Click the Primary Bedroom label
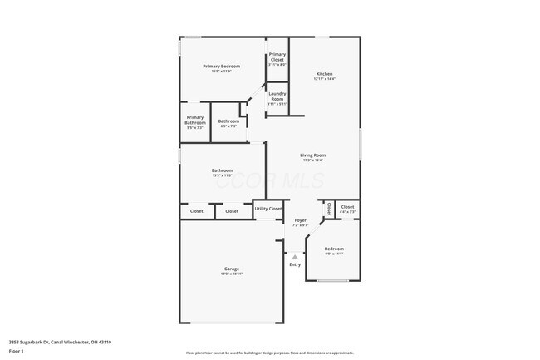222,67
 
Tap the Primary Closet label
277,57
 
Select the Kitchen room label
324,74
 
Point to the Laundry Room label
277,96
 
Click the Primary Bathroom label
194,120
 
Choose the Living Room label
312,155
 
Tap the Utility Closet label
268,209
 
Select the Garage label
231,269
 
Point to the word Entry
295,264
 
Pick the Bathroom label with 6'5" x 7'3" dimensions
228,121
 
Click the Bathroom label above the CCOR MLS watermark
222,170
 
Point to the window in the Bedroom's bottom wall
333,280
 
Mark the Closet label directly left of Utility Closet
232,211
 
